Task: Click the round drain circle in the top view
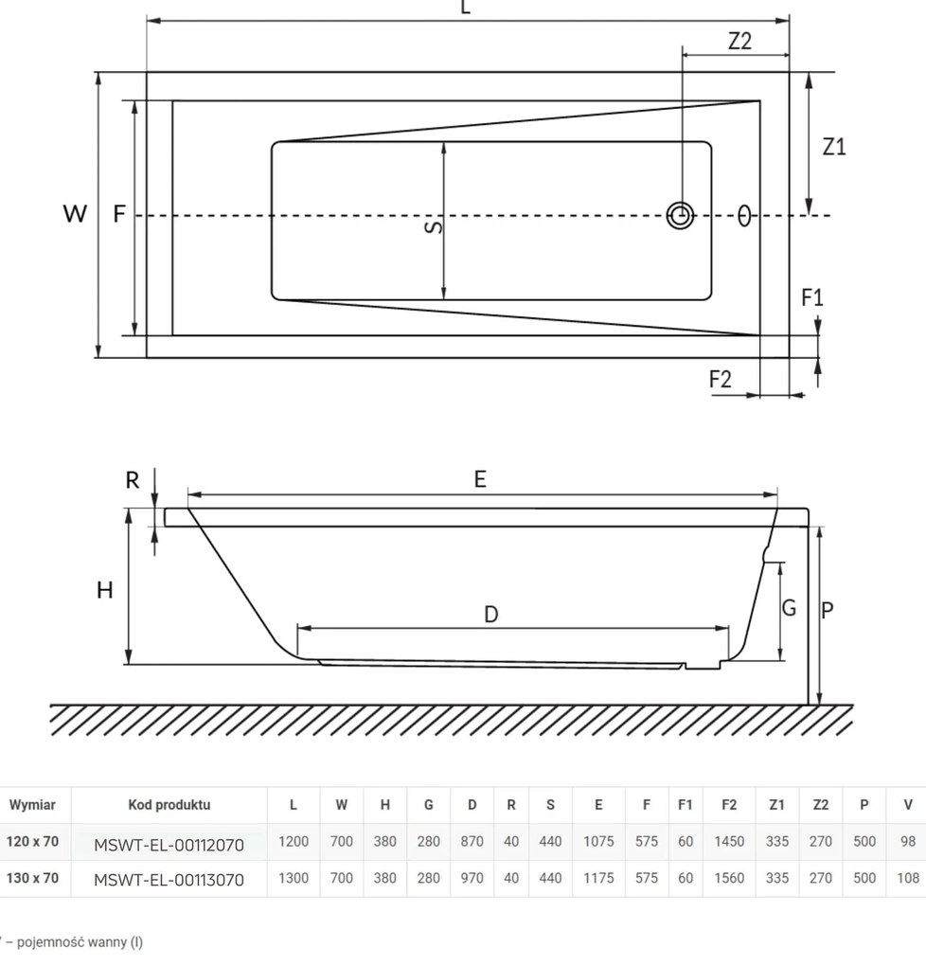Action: [680, 216]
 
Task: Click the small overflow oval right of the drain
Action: [745, 216]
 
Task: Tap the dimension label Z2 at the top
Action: [739, 42]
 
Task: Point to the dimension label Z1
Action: [833, 147]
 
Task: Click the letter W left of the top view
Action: [75, 214]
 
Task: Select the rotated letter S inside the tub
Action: [432, 227]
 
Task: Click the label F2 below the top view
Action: [721, 379]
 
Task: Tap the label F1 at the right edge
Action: [812, 297]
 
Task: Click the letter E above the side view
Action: [480, 480]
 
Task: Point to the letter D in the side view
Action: [490, 615]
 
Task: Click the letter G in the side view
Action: [789, 609]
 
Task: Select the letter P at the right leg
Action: [827, 611]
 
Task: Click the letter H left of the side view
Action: [105, 590]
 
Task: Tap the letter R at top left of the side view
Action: [133, 480]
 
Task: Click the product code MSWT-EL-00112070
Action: [169, 842]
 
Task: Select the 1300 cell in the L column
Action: [294, 878]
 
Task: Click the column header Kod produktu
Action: [169, 805]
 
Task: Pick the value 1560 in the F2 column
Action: [728, 878]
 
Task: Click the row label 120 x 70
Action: [32, 841]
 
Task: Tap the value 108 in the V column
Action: [907, 878]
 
